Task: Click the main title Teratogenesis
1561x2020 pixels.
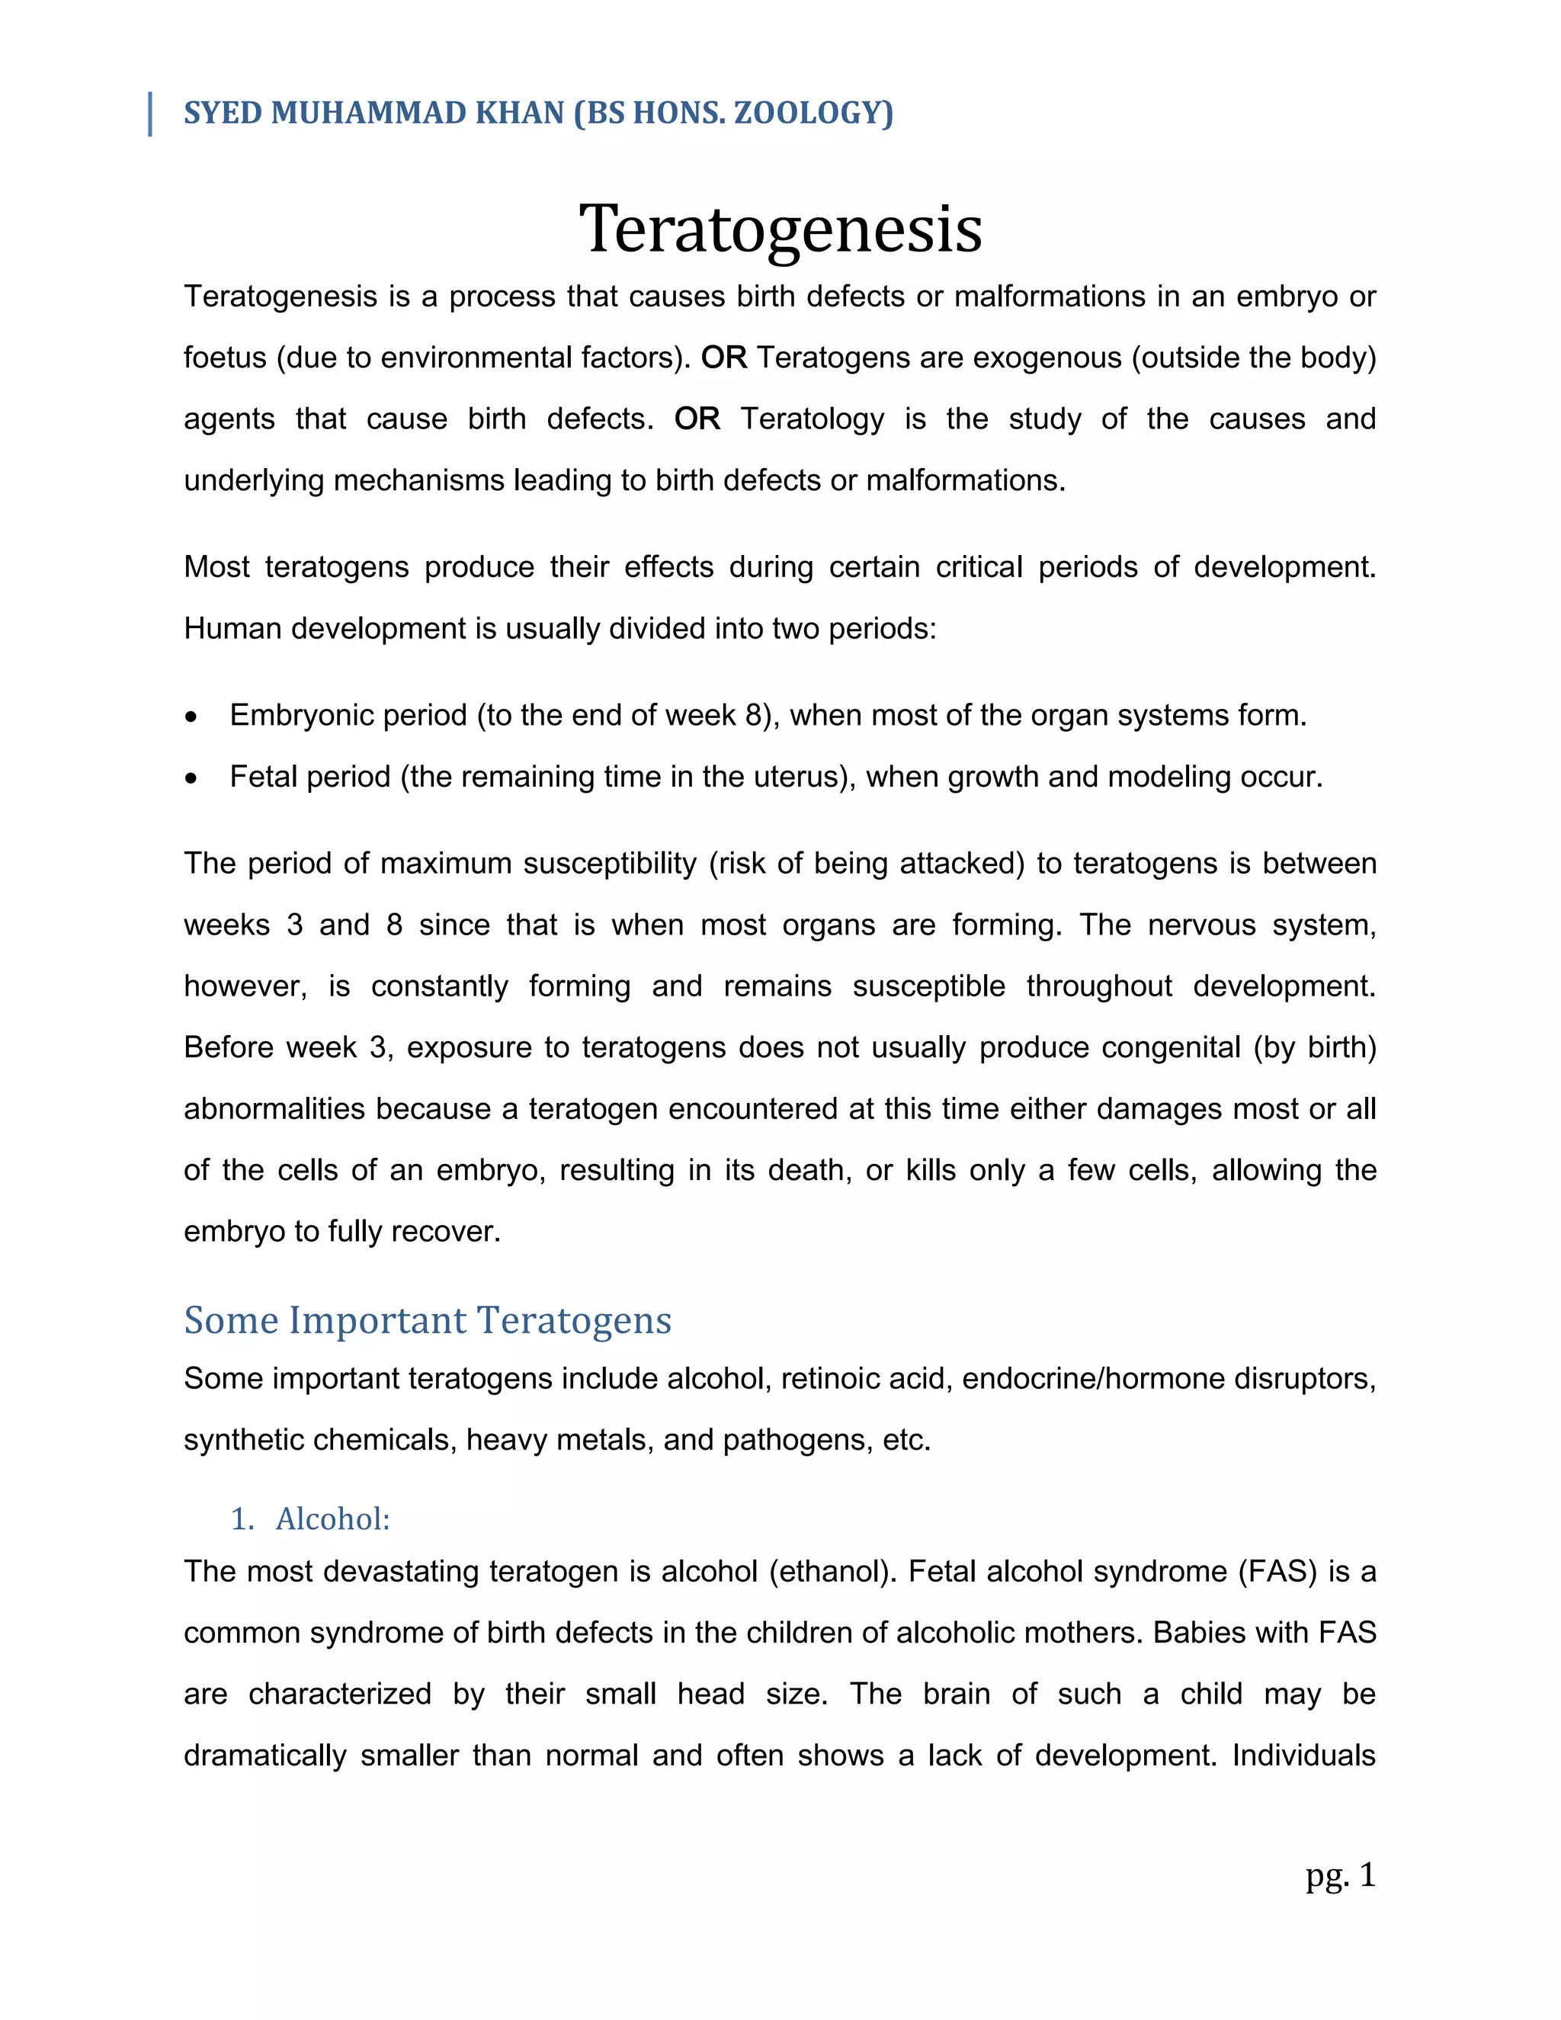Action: point(780,229)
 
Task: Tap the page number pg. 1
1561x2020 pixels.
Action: point(1340,1875)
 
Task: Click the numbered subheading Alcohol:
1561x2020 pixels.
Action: point(332,1518)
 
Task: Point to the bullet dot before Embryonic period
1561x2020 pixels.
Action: point(191,717)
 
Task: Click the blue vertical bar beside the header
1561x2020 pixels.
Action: point(150,114)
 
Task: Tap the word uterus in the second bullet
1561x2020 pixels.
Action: point(799,777)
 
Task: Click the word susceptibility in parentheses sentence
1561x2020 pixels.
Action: point(610,864)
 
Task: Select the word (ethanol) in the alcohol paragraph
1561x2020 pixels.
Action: point(832,1572)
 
